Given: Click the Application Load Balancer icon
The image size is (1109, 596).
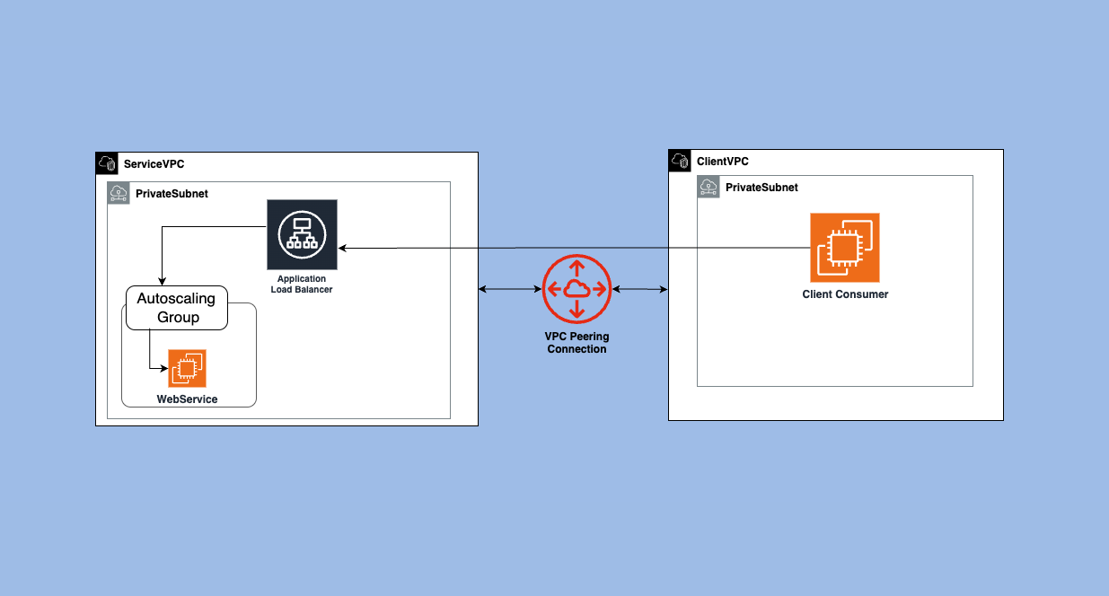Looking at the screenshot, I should [302, 234].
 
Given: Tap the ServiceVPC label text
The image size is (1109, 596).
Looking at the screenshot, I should [154, 164].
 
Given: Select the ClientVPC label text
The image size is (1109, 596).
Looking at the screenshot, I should [722, 162].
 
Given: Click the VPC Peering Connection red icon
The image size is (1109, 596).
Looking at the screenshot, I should [577, 288].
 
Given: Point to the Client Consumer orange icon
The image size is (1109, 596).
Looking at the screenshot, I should [844, 247].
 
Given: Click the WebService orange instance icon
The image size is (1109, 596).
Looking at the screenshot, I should [187, 368].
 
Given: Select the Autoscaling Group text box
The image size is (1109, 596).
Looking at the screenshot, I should [177, 308].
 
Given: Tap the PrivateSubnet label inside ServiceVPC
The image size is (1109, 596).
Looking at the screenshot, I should [172, 194].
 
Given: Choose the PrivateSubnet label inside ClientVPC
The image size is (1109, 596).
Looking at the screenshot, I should [761, 188].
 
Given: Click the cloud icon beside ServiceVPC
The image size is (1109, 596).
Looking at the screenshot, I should [107, 163].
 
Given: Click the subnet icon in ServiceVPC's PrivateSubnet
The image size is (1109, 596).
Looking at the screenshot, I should [119, 193].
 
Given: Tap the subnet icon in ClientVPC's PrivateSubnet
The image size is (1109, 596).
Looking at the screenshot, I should [709, 187].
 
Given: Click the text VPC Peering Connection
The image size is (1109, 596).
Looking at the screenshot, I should [577, 343].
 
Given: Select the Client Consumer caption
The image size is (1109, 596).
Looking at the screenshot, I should [845, 294].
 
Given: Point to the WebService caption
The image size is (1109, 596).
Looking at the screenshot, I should [187, 399].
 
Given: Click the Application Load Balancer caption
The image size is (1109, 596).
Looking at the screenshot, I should [302, 285].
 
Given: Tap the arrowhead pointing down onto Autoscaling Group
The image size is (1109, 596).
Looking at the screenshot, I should [162, 282].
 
